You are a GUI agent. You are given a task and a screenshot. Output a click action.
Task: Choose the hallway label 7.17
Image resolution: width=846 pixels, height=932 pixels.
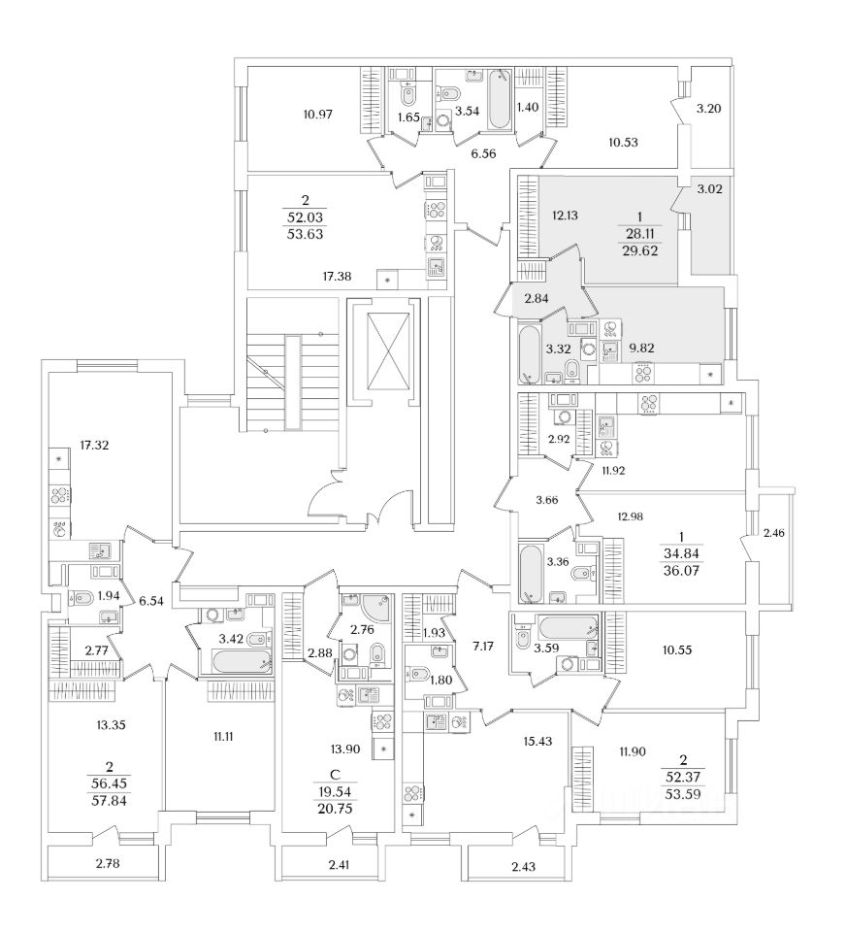481,644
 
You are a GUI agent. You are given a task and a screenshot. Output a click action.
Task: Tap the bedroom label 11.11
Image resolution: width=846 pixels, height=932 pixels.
222,736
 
